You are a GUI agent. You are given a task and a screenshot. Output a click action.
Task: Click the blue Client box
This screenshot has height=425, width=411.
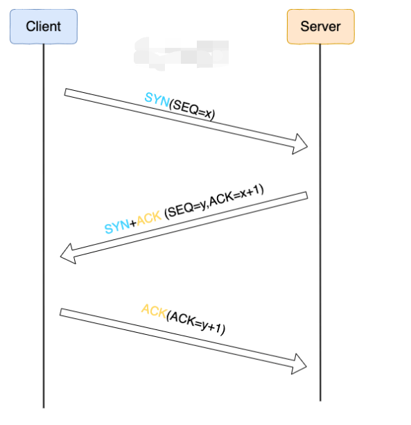coord(43,27)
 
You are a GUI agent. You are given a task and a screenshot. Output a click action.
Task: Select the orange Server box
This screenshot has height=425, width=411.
coord(320,27)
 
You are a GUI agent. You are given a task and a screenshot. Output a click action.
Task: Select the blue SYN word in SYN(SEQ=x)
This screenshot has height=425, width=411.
coord(157,100)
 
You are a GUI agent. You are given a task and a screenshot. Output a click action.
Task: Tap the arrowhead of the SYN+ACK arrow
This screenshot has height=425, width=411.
coord(67,254)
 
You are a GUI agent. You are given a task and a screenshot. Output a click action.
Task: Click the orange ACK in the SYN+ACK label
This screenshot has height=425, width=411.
coord(148,219)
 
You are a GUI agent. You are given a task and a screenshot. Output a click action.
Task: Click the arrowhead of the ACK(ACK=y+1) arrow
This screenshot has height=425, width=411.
coord(300,363)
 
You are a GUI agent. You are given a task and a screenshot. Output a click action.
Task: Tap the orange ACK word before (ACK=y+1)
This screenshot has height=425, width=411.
coord(153,311)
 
